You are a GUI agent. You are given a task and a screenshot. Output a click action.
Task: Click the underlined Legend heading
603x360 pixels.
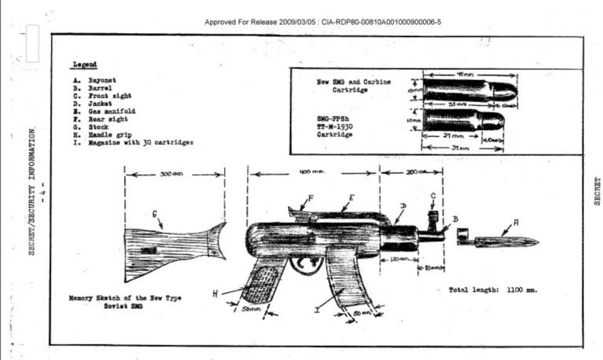click(85, 64)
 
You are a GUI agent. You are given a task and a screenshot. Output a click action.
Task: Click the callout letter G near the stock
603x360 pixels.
click(155, 215)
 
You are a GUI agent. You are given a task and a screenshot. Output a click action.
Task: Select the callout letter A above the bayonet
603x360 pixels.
click(516, 222)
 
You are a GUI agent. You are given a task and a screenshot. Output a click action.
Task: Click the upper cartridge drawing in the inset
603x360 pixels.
click(470, 91)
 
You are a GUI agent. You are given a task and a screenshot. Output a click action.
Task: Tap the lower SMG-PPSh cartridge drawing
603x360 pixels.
click(464, 120)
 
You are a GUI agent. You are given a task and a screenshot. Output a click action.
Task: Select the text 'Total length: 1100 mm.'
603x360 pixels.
click(493, 290)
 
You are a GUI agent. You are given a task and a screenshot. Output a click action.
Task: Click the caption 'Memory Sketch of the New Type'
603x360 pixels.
click(125, 298)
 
